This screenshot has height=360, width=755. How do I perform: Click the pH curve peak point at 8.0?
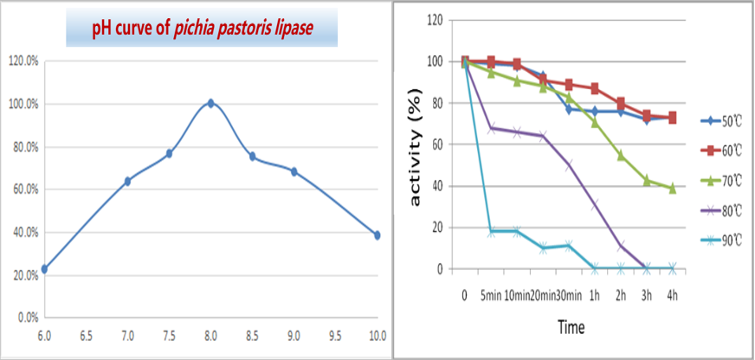tap(210, 104)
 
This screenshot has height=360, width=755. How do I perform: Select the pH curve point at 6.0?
tap(44, 269)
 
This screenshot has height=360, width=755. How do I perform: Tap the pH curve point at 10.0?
tap(377, 235)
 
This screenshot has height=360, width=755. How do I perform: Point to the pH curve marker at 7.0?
tap(127, 181)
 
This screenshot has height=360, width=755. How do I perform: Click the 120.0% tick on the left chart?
tap(22, 61)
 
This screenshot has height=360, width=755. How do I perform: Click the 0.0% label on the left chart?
tap(25, 318)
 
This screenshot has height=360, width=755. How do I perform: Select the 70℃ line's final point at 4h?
tap(672, 188)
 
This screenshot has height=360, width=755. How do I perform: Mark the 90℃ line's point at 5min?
tap(491, 232)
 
